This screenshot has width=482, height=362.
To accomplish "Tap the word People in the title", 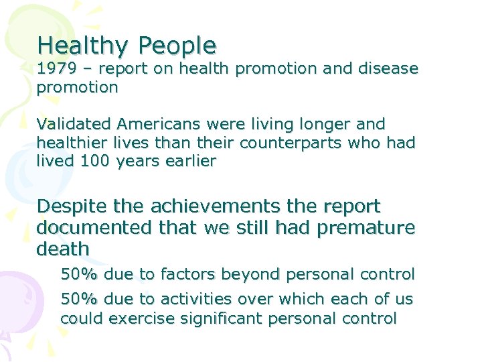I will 177,46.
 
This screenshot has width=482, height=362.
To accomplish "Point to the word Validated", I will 74,125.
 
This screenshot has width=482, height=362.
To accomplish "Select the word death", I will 63,249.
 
